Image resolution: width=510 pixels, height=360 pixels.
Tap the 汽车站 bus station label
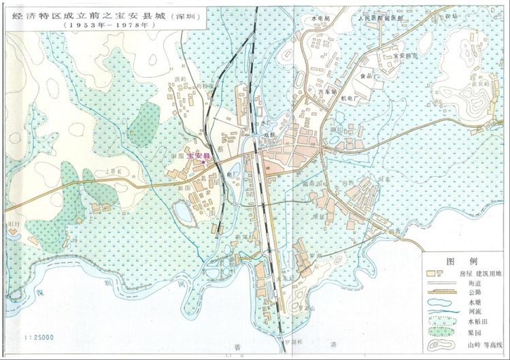pos(328,90)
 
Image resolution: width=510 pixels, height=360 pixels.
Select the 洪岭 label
pos(180,80)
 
